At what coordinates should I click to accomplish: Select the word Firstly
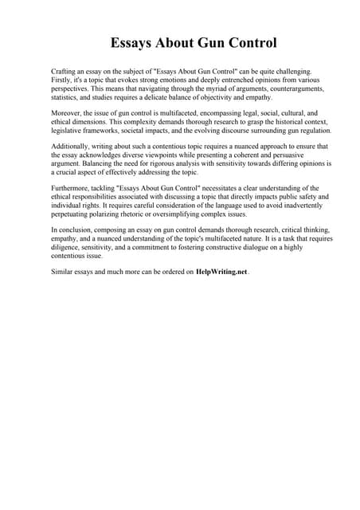click(62, 80)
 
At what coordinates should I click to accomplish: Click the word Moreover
click(67, 114)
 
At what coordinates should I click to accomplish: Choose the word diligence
click(68, 247)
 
